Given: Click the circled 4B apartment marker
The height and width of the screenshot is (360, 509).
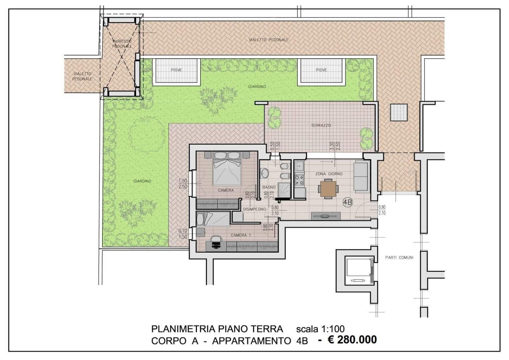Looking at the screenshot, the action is pyautogui.click(x=348, y=202).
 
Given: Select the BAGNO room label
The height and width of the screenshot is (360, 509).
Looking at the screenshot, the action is pyautogui.click(x=269, y=187).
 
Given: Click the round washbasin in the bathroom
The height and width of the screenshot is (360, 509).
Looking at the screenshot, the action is pyautogui.click(x=265, y=173).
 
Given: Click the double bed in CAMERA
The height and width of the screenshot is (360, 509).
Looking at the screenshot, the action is pyautogui.click(x=227, y=168).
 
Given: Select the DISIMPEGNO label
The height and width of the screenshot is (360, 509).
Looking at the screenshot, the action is pyautogui.click(x=254, y=209).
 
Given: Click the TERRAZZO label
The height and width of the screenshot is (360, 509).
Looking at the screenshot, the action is pyautogui.click(x=321, y=125).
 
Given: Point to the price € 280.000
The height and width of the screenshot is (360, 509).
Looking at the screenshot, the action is pyautogui.click(x=352, y=339).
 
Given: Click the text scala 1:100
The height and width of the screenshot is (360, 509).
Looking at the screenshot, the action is pyautogui.click(x=320, y=329).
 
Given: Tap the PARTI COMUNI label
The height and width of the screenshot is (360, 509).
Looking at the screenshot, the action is pyautogui.click(x=399, y=257).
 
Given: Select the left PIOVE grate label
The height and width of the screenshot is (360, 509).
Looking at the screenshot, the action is pyautogui.click(x=176, y=70).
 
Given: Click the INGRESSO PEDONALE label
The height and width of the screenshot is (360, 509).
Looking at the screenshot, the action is pyautogui.click(x=122, y=44).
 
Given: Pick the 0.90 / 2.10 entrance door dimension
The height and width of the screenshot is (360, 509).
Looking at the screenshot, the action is pyautogui.click(x=382, y=210).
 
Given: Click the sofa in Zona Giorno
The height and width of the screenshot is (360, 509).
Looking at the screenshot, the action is pyautogui.click(x=361, y=176).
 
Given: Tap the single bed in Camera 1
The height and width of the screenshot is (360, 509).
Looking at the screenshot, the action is pyautogui.click(x=213, y=219).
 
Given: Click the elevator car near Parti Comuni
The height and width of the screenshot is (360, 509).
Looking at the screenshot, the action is pyautogui.click(x=359, y=270).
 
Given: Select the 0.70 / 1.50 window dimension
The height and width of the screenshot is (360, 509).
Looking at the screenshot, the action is pyautogui.click(x=183, y=234).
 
